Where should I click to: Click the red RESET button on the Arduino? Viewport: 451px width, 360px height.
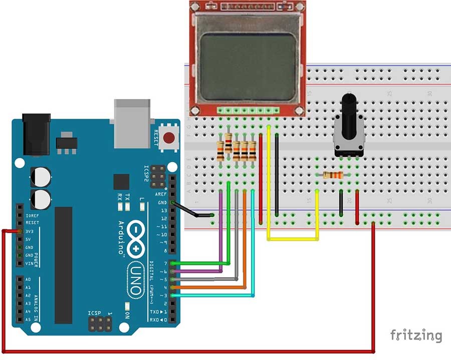[x=169, y=136]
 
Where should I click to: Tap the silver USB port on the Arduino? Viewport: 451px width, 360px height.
[x=132, y=123]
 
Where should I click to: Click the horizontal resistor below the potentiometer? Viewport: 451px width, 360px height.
[x=333, y=175]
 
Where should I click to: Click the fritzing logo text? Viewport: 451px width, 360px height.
[x=416, y=335]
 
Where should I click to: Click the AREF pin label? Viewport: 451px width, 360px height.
[x=161, y=194]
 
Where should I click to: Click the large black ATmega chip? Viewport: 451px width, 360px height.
[x=64, y=265]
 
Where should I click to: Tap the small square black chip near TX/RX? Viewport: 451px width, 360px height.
[x=121, y=182]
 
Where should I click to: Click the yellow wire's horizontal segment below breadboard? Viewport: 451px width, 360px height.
[x=293, y=239]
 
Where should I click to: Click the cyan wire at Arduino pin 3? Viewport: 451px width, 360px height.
[x=215, y=295]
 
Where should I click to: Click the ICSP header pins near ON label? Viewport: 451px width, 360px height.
[x=100, y=325]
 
